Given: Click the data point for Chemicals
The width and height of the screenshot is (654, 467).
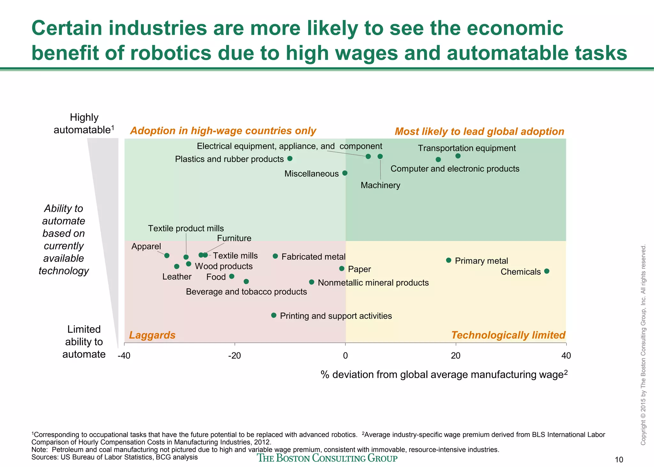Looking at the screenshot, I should [x=546, y=271].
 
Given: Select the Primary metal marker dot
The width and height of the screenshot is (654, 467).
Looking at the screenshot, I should [x=448, y=260].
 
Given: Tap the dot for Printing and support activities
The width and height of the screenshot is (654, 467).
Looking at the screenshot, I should [x=274, y=315].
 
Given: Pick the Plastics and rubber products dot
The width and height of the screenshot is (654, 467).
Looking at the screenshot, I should [x=290, y=158].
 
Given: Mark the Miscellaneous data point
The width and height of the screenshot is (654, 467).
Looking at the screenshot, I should [x=345, y=173].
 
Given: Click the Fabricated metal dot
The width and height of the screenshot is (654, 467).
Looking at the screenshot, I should [x=275, y=256].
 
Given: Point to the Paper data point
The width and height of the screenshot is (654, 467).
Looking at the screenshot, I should [x=342, y=269].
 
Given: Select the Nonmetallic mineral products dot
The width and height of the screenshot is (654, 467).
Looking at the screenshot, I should [x=312, y=282].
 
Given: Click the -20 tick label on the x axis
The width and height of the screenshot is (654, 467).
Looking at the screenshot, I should [x=234, y=356].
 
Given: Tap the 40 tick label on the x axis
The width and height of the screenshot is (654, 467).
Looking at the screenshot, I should [x=566, y=356].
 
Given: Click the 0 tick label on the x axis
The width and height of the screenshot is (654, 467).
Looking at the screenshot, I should [x=345, y=356].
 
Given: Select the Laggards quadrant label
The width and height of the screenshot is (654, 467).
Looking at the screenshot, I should [x=152, y=335].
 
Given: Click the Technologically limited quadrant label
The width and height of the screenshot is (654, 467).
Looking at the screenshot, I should [x=508, y=335].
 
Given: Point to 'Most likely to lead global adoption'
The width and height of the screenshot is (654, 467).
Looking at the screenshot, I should [x=479, y=132].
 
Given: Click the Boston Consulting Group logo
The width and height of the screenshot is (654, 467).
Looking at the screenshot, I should [x=327, y=458].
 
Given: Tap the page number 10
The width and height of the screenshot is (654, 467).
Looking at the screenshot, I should [x=619, y=460].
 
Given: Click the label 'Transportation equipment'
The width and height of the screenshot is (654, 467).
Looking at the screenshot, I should [x=467, y=148].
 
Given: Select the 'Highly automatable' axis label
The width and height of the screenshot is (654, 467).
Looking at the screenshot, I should [x=84, y=124].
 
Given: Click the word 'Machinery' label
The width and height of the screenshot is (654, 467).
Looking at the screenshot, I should [x=380, y=185].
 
